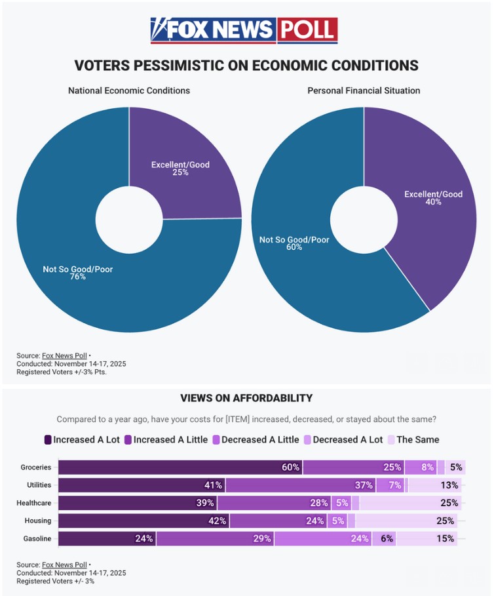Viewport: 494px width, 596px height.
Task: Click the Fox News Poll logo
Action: (x=244, y=30)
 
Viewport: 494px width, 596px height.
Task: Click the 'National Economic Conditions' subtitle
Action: (x=129, y=90)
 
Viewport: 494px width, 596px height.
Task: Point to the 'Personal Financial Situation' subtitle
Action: (x=364, y=90)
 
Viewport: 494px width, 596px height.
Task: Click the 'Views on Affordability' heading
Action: (x=246, y=398)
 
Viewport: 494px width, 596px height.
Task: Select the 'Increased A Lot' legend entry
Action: (x=82, y=439)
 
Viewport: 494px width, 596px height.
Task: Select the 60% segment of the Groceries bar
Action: (x=180, y=467)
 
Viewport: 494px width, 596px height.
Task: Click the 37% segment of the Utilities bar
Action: (x=300, y=485)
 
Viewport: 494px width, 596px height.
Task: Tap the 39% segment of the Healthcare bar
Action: (x=138, y=503)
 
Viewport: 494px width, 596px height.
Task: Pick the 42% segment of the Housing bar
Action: (x=143, y=521)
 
